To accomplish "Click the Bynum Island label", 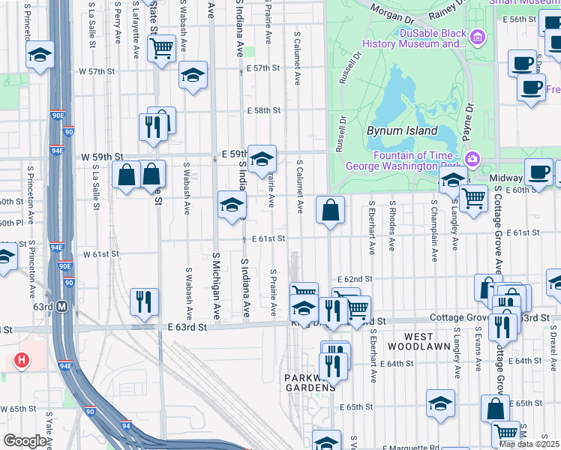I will coord(401,130).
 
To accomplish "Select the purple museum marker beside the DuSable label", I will coord(478,36).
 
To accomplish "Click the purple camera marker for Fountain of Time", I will coord(472,158).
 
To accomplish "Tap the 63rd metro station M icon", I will coord(62,306).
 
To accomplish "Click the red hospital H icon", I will coord(22,361).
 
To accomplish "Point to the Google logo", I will coord(25,441).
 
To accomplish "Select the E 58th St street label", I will coord(263,110).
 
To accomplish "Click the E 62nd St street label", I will coord(355,278).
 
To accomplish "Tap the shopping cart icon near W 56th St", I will coord(162,48).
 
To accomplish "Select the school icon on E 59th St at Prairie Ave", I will coord(262,159).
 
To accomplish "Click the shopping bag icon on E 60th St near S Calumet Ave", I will coord(330,211).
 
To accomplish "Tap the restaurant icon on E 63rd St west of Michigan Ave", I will coord(144,301).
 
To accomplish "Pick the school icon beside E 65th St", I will coord(440,403).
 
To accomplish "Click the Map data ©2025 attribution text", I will coord(529,444).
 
